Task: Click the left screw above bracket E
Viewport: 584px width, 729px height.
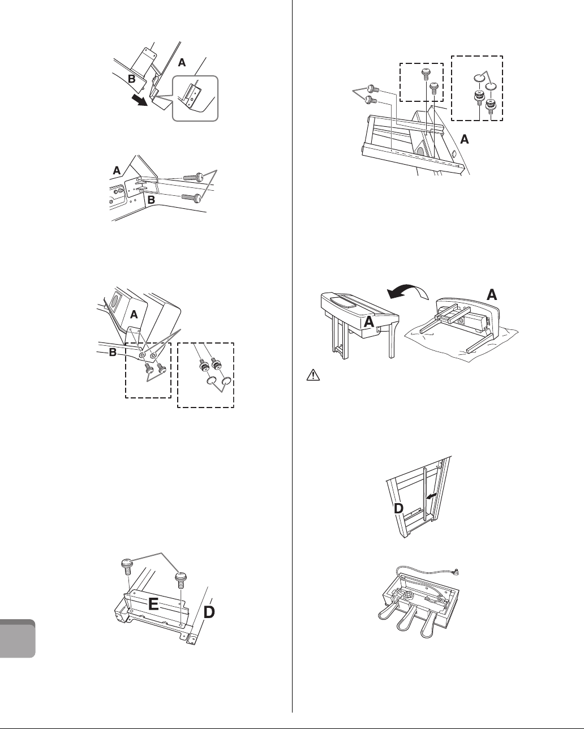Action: pyautogui.click(x=126, y=566)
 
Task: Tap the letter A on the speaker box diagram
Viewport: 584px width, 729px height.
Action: pyautogui.click(x=134, y=314)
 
